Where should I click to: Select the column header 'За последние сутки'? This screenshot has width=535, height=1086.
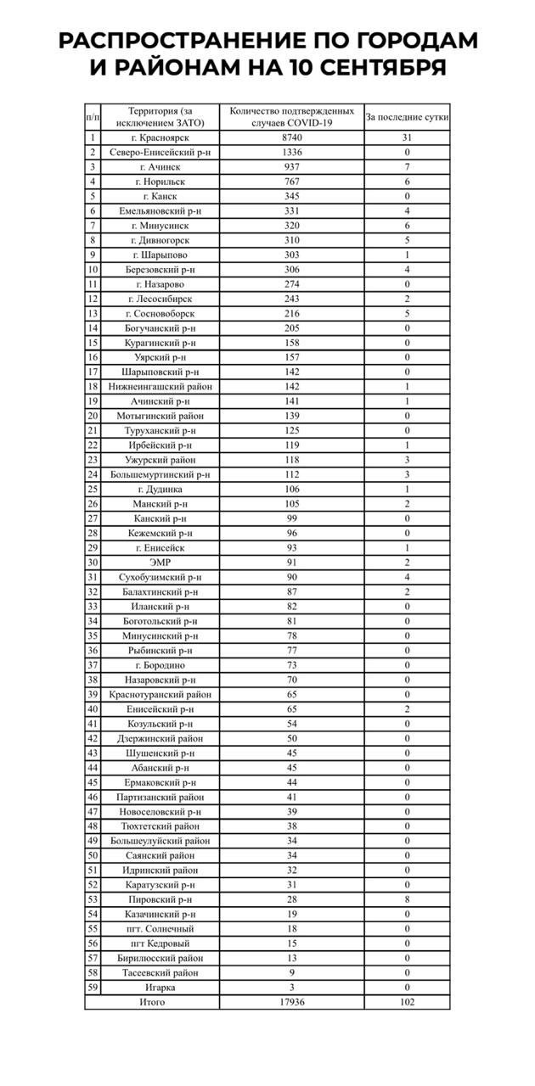click(x=408, y=116)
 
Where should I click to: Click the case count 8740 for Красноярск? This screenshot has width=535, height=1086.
click(x=292, y=137)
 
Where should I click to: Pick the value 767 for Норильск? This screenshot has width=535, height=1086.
click(x=292, y=182)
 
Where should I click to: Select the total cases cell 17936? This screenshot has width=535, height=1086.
click(x=292, y=1002)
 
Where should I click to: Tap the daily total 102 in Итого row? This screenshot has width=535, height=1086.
click(x=408, y=1002)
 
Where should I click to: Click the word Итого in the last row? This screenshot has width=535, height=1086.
click(x=153, y=1002)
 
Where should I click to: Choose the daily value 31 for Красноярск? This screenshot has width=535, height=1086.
click(x=408, y=137)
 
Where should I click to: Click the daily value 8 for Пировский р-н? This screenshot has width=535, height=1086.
click(x=408, y=898)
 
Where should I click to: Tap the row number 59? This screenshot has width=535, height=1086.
click(x=93, y=987)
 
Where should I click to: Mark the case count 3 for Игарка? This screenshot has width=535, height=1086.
click(x=292, y=987)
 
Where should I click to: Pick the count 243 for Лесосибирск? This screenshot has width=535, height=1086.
click(x=292, y=299)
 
